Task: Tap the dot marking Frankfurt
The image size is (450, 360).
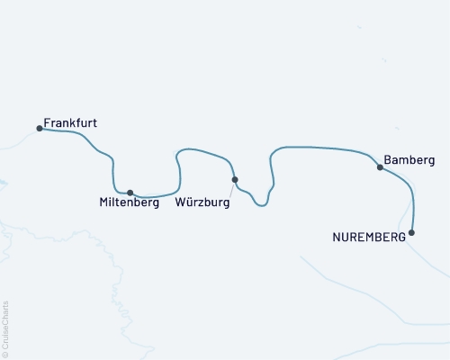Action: (40, 128)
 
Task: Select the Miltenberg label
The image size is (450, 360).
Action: (129, 203)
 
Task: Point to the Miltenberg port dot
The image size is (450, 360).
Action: (130, 193)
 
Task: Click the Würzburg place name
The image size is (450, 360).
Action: (203, 203)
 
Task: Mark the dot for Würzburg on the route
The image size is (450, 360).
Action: (235, 180)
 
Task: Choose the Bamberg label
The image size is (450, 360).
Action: (409, 160)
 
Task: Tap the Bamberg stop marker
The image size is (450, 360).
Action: (380, 166)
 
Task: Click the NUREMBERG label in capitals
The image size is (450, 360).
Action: (369, 238)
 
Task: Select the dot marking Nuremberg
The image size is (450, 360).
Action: (412, 233)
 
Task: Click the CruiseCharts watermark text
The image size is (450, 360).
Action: (6, 325)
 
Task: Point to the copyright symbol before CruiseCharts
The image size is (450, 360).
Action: (6, 354)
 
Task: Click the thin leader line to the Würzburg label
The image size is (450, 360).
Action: (229, 189)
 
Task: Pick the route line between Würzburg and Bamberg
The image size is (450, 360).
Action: (315, 147)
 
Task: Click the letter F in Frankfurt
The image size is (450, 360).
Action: (47, 122)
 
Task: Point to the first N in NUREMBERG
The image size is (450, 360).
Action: (337, 238)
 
